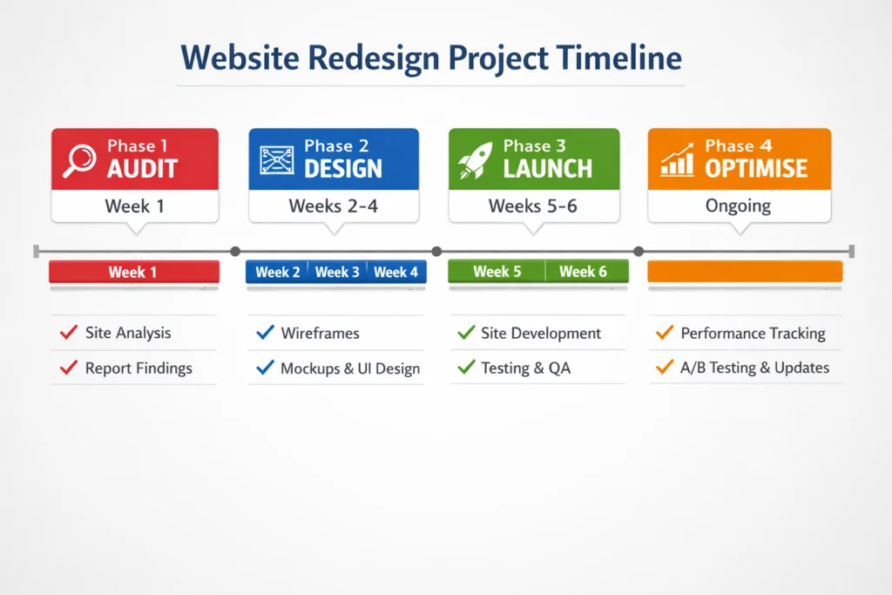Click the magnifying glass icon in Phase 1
click(79, 161)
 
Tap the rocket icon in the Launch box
click(475, 160)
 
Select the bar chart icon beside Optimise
click(677, 159)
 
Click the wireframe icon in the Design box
click(277, 160)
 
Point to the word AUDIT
click(143, 169)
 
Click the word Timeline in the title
click(619, 58)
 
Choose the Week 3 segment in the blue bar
click(337, 272)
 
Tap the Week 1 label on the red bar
click(132, 272)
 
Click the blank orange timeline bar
click(745, 271)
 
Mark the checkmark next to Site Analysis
click(69, 332)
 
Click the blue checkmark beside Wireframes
click(265, 332)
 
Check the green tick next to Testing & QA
click(466, 367)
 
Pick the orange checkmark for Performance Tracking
click(665, 332)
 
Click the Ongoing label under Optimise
click(738, 206)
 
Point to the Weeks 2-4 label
click(334, 206)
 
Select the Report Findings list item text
click(139, 368)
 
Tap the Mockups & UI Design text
click(350, 368)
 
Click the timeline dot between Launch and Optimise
click(639, 251)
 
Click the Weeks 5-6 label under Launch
click(532, 206)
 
